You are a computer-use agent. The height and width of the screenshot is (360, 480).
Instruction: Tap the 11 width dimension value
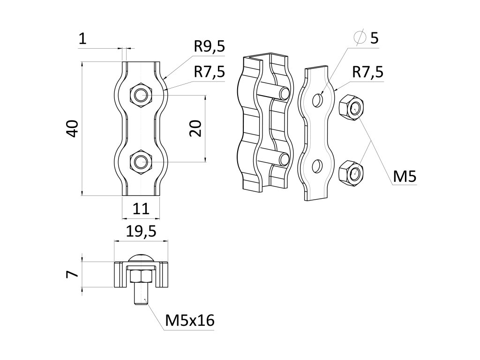[141, 208]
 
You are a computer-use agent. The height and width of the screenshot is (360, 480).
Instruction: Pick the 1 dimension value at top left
[83, 39]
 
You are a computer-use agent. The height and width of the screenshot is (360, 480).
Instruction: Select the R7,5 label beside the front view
[210, 72]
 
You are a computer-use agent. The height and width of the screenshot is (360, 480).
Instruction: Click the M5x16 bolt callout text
[190, 321]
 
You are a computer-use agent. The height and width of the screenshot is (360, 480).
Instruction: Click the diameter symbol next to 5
[360, 37]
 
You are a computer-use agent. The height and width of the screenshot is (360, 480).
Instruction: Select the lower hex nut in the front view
[141, 162]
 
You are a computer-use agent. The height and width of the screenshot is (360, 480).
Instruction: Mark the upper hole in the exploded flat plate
[318, 100]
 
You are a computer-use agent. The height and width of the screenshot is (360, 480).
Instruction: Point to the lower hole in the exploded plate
[318, 166]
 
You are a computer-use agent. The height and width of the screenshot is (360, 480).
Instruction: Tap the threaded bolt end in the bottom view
[141, 295]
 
